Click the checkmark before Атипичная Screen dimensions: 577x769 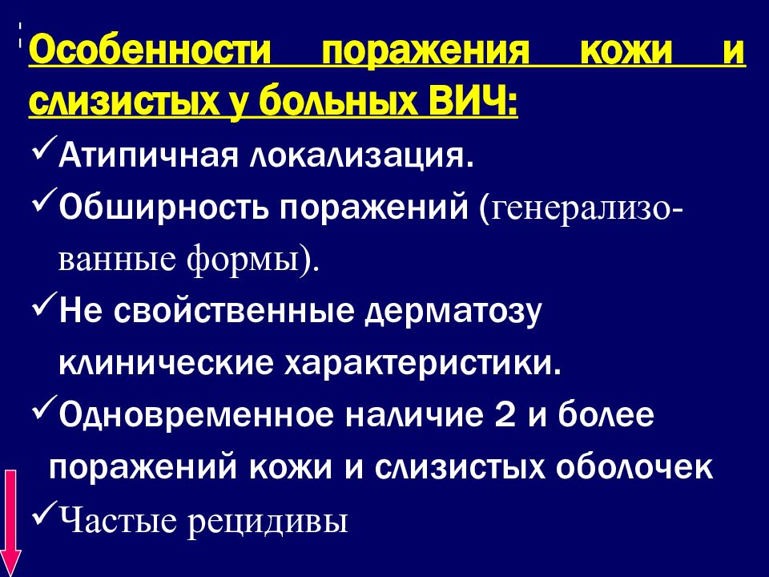point(42,150)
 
